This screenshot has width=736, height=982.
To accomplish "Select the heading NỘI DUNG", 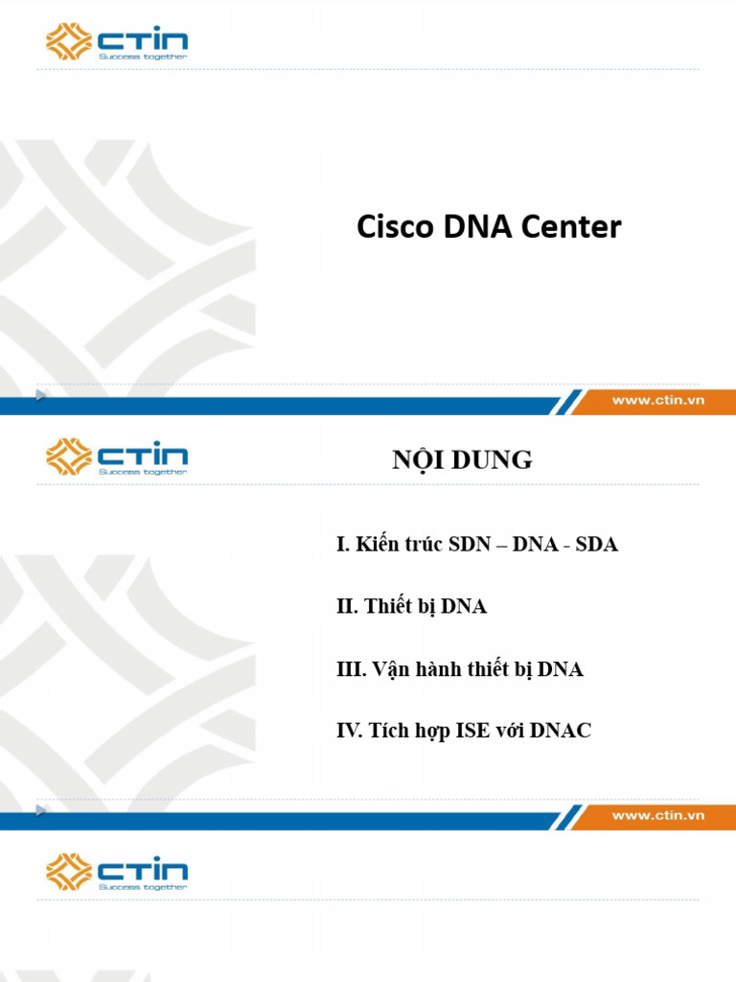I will (462, 460).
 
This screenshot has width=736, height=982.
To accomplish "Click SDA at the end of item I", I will (597, 545).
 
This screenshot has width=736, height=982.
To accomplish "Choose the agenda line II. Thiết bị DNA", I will (412, 606).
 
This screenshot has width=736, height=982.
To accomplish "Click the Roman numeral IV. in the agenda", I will (348, 731).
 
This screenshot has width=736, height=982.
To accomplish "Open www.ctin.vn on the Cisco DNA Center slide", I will (658, 400).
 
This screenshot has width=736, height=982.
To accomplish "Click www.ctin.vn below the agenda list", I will (658, 815).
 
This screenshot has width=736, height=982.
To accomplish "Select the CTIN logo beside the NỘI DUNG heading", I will (117, 456).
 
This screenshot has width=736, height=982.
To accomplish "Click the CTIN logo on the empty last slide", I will (117, 872).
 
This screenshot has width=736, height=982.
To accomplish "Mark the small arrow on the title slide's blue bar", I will (40, 395).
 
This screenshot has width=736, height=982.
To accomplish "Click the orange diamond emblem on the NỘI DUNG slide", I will (69, 456).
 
